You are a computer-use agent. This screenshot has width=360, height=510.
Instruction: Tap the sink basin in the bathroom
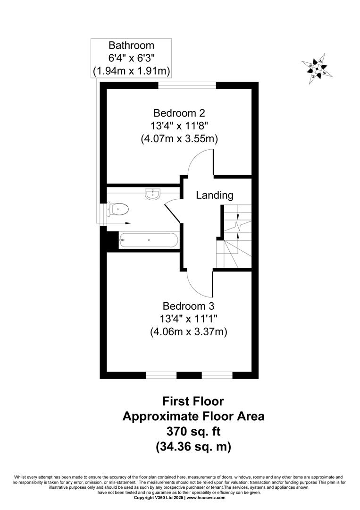pyautogui.click(x=152, y=194)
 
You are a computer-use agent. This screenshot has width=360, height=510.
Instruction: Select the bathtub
pyautogui.click(x=149, y=240)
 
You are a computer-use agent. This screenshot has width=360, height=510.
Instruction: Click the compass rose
pyautogui.click(x=317, y=68)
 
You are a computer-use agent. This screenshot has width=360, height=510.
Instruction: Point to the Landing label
pyautogui.click(x=214, y=195)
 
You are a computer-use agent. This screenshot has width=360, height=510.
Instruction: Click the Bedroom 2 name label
pyautogui.click(x=179, y=113)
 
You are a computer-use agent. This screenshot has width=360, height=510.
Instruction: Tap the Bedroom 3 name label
pyautogui.click(x=188, y=306)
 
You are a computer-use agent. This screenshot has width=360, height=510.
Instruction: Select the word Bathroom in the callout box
pyautogui.click(x=131, y=45)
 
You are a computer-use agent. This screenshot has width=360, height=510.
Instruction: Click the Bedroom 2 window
pyautogui.click(x=187, y=85)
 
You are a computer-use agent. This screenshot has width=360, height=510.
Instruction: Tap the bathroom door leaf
pyautogui.click(x=173, y=213)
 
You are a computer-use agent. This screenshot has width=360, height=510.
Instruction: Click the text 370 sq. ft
pyautogui.click(x=193, y=432)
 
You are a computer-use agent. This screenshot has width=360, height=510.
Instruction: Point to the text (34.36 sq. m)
pyautogui.click(x=193, y=446)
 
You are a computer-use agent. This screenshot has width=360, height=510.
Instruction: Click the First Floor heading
pyautogui.click(x=193, y=401)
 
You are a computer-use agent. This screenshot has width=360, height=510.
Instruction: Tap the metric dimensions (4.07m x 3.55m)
pyautogui.click(x=179, y=139)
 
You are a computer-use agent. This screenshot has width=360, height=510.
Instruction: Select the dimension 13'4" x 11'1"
pyautogui.click(x=188, y=319)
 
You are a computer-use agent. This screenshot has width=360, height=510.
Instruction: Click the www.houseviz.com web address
pyautogui.click(x=206, y=507)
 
